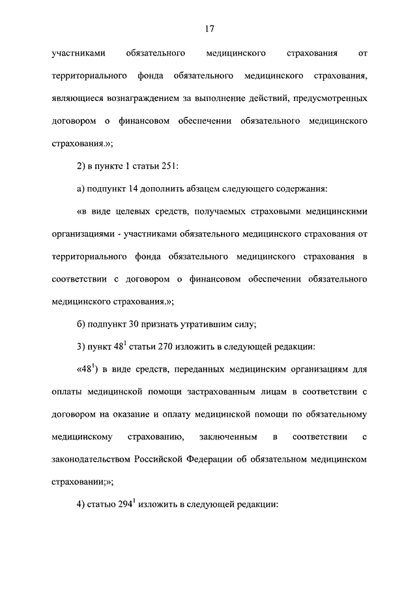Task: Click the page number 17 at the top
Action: coord(208,29)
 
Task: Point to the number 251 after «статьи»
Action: coord(160,166)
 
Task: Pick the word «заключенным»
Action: coord(232,436)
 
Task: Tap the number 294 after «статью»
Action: coord(125,504)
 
